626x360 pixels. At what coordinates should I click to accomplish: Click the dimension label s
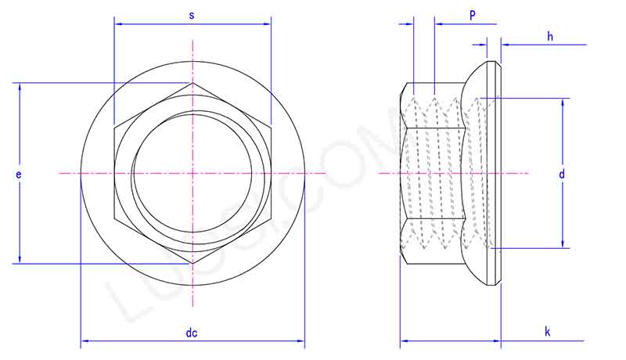point(192,16)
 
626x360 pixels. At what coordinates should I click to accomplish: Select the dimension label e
point(18,175)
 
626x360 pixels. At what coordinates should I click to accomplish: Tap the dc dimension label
point(192,333)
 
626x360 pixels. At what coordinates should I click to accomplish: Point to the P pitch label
point(472,16)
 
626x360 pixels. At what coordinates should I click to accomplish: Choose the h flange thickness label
point(550,36)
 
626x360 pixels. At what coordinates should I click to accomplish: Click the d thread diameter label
point(561,174)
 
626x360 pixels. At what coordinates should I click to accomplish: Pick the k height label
point(548,333)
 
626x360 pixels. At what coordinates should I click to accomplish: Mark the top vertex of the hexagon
point(192,82)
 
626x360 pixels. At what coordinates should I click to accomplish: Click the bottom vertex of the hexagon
point(192,264)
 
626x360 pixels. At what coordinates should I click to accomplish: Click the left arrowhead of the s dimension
point(117,24)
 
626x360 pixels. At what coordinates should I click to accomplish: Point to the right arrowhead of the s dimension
point(268,24)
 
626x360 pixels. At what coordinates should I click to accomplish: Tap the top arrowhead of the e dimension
point(20,85)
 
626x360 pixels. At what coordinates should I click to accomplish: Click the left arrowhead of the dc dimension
point(84,341)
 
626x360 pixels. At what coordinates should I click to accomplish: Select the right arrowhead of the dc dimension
point(301,341)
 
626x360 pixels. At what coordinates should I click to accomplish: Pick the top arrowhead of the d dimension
point(561,101)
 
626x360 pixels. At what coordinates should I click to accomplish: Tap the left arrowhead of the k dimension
point(403,341)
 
